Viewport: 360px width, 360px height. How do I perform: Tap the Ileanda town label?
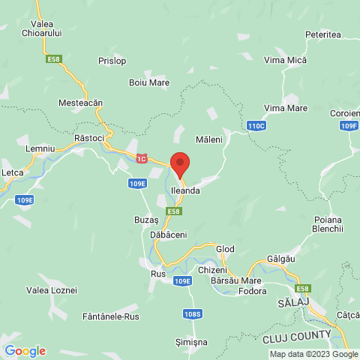point(185,191)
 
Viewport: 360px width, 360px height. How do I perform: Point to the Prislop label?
point(112,61)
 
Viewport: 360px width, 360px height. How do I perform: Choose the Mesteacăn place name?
point(80,102)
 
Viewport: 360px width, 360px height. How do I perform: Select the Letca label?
point(13,172)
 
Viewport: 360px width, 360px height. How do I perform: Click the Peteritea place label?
point(323,34)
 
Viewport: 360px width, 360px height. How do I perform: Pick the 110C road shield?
point(256,125)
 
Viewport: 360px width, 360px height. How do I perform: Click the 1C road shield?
point(142,158)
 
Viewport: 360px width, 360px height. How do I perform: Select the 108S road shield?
point(191,313)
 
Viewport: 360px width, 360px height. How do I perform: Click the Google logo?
point(25,350)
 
